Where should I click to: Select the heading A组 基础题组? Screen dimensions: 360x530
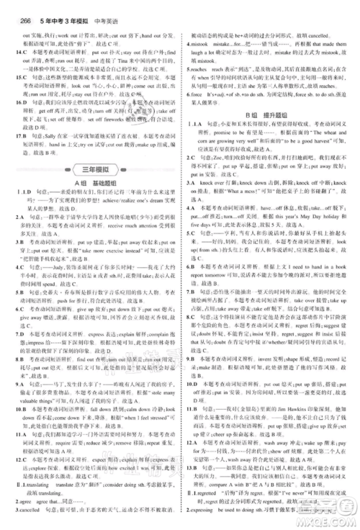89,184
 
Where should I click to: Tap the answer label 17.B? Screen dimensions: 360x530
14,135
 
